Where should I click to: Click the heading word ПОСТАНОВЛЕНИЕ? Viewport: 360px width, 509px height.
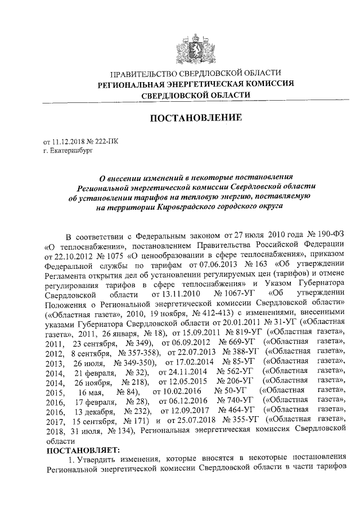pyautogui.click(x=195, y=118)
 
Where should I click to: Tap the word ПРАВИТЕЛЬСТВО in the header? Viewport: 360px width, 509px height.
pyautogui.click(x=144, y=74)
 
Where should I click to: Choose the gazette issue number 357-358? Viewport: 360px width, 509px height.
pyautogui.click(x=129, y=352)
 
